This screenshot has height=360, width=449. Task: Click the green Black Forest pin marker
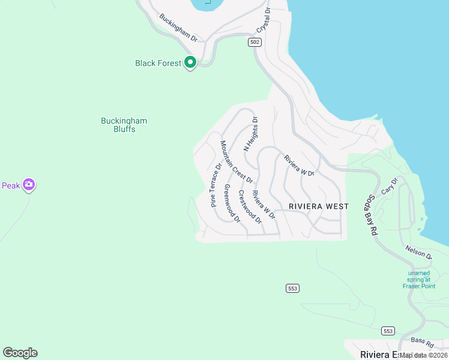pyautogui.click(x=190, y=62)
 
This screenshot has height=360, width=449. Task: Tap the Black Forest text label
pyautogui.click(x=158, y=63)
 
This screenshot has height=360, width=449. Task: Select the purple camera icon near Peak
pyautogui.click(x=28, y=185)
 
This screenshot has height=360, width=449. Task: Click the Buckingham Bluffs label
pyautogui.click(x=124, y=125)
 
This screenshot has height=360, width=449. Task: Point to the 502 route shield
pyautogui.click(x=256, y=42)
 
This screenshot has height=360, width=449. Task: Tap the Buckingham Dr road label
pyautogui.click(x=178, y=28)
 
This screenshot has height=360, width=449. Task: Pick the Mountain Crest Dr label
pyautogui.click(x=237, y=161)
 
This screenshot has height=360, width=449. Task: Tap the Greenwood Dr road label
pyautogui.click(x=232, y=203)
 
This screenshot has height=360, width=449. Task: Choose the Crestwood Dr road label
pyautogui.click(x=250, y=206)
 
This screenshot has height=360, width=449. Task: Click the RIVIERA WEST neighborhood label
pyautogui.click(x=318, y=206)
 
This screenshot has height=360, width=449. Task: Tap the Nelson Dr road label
pyautogui.click(x=418, y=251)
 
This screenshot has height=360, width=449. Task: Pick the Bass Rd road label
pyautogui.click(x=423, y=343)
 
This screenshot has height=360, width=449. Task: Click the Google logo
pyautogui.click(x=20, y=353)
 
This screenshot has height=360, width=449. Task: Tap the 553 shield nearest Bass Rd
pyautogui.click(x=388, y=331)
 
